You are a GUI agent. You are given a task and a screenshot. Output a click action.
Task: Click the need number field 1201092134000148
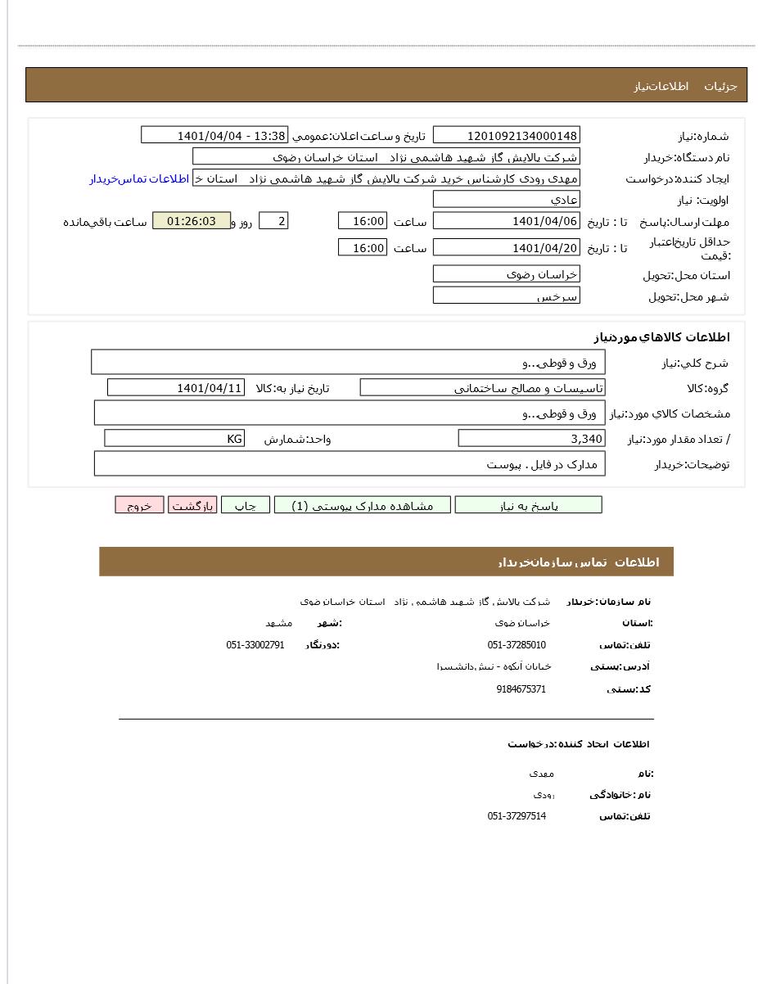[x=506, y=136]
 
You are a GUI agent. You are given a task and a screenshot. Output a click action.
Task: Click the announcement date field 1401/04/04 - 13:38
[x=214, y=136]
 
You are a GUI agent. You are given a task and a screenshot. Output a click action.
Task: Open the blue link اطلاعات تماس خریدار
[x=139, y=178]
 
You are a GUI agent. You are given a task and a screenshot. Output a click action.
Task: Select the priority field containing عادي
[x=506, y=200]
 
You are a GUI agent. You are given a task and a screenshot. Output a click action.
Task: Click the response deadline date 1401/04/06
[x=506, y=221]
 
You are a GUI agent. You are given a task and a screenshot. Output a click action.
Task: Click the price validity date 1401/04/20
[x=506, y=247]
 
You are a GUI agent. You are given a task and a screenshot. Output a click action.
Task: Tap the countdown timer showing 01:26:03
[x=192, y=221]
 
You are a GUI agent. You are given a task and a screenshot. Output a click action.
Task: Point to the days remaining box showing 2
[x=273, y=221]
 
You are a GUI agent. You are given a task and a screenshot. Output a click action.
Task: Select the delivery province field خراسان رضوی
[x=506, y=274]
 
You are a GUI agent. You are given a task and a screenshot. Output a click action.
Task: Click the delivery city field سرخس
[x=506, y=296]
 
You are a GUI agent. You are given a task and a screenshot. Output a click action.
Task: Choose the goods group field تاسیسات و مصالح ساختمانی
[x=482, y=388]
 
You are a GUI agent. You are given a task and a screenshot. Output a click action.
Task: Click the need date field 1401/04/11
[x=175, y=388]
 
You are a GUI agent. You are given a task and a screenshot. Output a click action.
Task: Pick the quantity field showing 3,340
[x=531, y=439]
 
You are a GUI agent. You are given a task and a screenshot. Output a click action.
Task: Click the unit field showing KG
[x=174, y=439]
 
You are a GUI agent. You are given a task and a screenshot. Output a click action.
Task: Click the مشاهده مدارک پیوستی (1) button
[x=363, y=505]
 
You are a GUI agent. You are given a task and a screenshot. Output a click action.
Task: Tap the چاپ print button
[x=246, y=505]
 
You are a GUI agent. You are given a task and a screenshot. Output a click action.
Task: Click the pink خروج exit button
[x=139, y=505]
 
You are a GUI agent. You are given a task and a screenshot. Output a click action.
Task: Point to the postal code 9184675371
[x=521, y=689]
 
